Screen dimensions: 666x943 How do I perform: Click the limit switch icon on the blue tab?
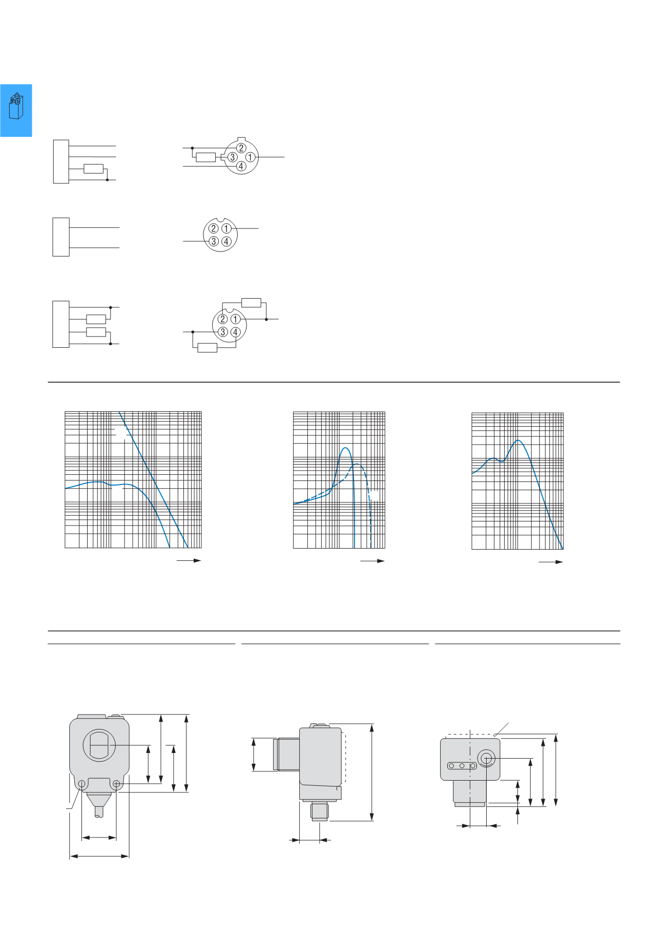(x=16, y=106)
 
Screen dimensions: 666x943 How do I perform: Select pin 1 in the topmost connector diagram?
(x=250, y=157)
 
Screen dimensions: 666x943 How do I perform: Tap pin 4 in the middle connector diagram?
(x=226, y=241)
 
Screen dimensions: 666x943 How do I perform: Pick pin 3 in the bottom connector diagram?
(x=223, y=332)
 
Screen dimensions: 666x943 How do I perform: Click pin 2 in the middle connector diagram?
(x=214, y=228)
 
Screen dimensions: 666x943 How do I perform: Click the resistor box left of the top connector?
(x=206, y=157)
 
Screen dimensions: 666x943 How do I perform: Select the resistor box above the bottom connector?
(x=251, y=302)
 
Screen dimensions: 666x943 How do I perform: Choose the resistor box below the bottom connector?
(x=207, y=348)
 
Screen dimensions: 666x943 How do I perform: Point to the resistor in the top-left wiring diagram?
(x=93, y=169)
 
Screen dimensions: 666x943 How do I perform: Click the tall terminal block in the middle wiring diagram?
(x=61, y=237)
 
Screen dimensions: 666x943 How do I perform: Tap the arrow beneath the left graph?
(x=189, y=560)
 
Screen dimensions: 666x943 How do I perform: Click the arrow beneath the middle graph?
(x=372, y=561)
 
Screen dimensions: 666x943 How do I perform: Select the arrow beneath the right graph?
(x=551, y=562)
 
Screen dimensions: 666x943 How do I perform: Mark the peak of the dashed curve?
(x=358, y=464)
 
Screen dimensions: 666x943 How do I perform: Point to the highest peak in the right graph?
(x=518, y=441)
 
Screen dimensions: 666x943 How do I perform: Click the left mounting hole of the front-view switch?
(x=81, y=784)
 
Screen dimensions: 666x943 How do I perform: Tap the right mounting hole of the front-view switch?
(x=116, y=784)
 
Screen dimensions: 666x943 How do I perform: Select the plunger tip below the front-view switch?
(x=99, y=812)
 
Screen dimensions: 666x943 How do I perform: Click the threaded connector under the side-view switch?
(x=320, y=812)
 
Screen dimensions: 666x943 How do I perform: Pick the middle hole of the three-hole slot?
(x=462, y=766)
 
